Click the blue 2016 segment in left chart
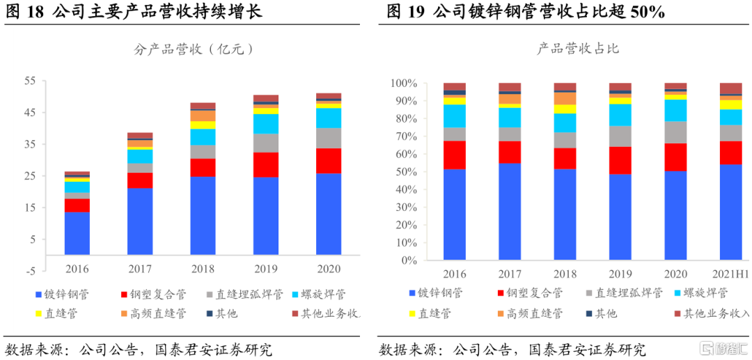point(77,233)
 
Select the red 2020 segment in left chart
point(329,161)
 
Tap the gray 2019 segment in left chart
point(266,143)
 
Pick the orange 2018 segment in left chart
point(203,116)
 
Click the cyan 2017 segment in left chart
point(140,156)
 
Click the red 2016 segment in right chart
point(454,155)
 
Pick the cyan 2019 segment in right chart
point(620,115)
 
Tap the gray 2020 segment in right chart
point(675,132)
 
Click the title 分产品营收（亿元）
point(194,49)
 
